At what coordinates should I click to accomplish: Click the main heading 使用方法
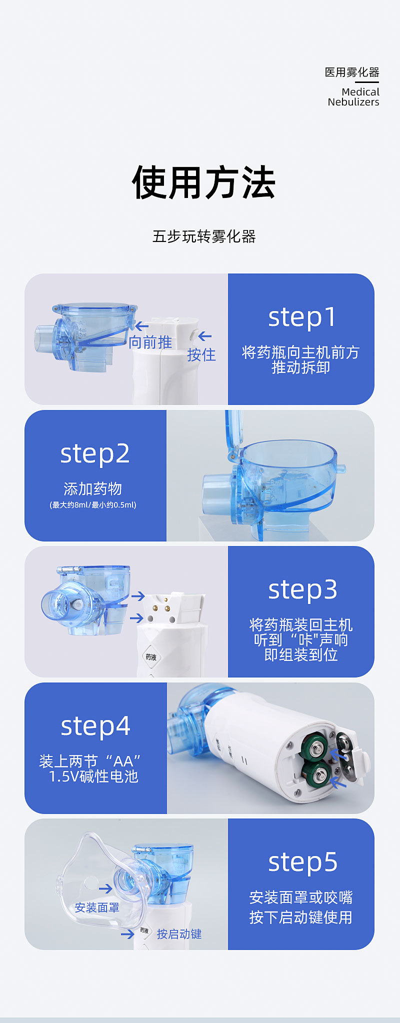coord(203,183)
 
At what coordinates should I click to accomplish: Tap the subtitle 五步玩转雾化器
coord(203,236)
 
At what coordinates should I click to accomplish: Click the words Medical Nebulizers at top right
coord(353,97)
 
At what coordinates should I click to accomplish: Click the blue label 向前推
coord(150,342)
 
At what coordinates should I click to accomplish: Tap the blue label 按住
coord(201,355)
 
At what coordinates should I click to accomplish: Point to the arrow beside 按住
coord(205,336)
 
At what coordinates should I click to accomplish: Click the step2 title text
coord(95,453)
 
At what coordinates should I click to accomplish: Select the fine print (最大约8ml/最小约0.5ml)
coord(93,505)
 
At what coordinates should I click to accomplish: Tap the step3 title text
coord(302,589)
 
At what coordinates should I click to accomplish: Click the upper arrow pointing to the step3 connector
coord(138,596)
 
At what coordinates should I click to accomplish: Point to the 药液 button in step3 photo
coord(150,657)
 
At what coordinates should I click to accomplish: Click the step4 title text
coord(95,726)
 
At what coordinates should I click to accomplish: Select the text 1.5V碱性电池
coord(93,776)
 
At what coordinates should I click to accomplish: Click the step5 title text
coord(302,862)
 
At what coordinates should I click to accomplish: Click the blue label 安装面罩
coord(97,907)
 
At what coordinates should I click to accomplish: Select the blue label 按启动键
coord(179,934)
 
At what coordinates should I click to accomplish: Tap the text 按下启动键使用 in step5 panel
coord(301,917)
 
